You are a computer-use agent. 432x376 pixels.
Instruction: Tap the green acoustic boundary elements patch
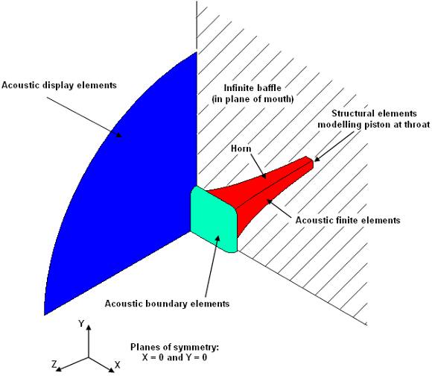click(214, 219)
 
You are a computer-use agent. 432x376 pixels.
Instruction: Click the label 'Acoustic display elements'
click(59, 85)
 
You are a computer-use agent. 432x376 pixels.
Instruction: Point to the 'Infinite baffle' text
click(252, 88)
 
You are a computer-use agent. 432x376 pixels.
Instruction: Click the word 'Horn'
click(241, 148)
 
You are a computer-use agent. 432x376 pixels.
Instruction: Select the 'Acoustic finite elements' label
click(348, 220)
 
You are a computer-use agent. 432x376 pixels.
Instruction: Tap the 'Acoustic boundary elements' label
click(167, 304)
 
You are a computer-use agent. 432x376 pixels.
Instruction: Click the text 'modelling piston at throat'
click(374, 125)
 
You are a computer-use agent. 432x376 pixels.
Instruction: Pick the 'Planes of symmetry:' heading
click(174, 347)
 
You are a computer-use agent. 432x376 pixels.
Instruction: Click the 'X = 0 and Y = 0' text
click(174, 357)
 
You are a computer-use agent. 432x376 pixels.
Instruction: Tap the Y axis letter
click(81, 323)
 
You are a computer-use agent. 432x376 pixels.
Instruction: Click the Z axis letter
click(54, 364)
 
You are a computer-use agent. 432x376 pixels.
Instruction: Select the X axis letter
click(118, 365)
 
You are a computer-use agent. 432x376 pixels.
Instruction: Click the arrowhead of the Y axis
click(89, 328)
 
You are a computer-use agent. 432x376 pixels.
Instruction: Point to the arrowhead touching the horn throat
click(317, 159)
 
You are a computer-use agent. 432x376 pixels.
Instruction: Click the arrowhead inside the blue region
click(118, 134)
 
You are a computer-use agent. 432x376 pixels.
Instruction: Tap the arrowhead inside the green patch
click(217, 238)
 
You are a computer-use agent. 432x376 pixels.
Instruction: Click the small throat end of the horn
click(311, 163)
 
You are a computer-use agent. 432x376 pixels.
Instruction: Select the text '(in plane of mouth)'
click(252, 99)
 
